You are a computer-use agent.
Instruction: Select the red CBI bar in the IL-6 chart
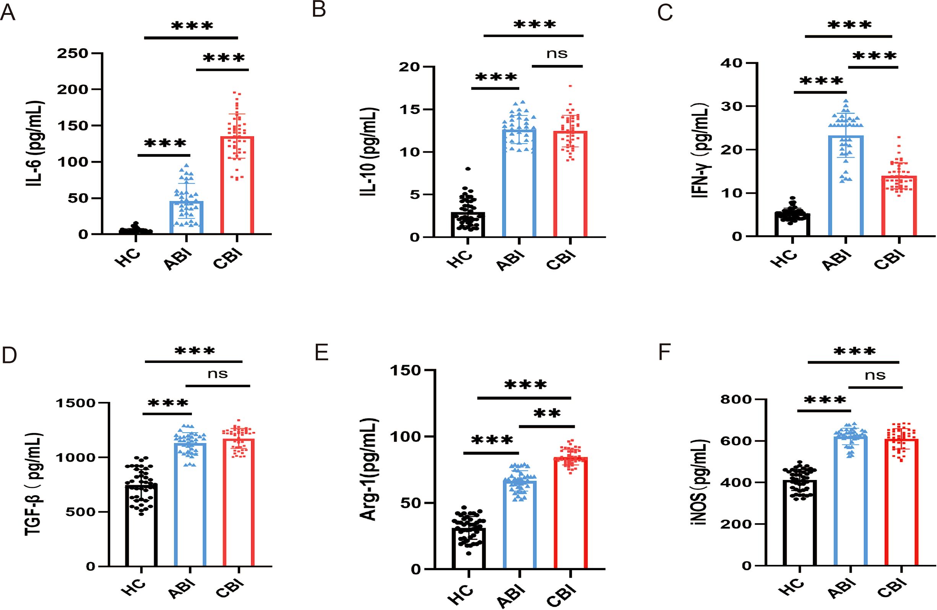[237, 185]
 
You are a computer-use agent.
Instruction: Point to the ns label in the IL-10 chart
[557, 54]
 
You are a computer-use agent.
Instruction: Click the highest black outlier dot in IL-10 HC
[468, 169]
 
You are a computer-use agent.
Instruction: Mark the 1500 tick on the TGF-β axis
[76, 403]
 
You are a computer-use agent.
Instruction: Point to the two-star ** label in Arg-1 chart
[547, 414]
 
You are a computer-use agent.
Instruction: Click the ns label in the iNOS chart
[875, 376]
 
